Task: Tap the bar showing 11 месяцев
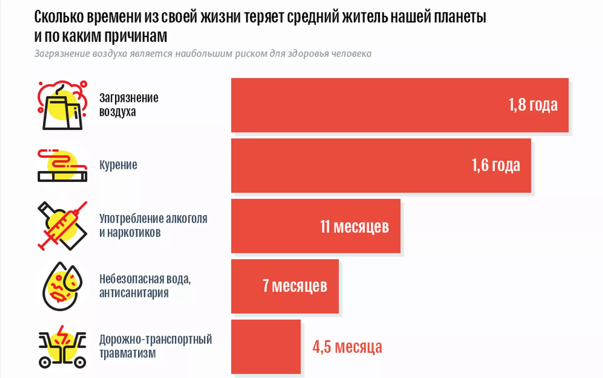(276, 226)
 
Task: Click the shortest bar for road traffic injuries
(266, 347)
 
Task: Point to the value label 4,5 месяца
(347, 347)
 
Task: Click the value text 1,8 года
(533, 105)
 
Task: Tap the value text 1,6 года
(496, 165)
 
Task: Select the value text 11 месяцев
(354, 226)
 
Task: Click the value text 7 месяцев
(295, 286)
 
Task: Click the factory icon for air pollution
(62, 105)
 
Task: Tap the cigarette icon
(62, 166)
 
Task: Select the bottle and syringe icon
(62, 226)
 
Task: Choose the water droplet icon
(62, 286)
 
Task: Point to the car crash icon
(62, 347)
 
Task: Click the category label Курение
(118, 165)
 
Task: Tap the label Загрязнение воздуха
(128, 105)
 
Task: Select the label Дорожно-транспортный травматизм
(155, 346)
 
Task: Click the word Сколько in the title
(59, 17)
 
